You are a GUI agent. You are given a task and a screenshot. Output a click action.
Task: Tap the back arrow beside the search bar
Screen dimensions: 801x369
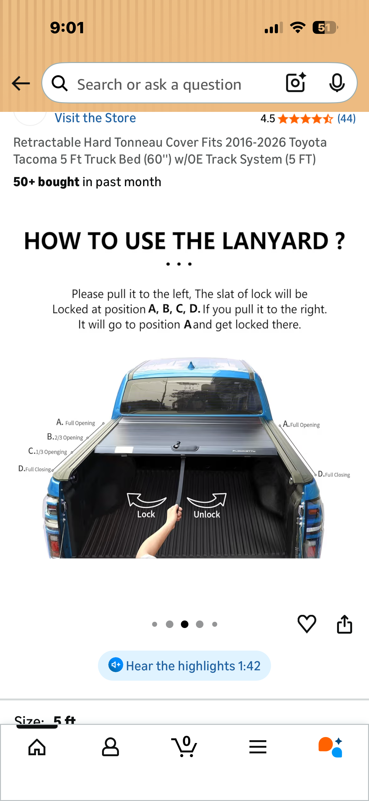pos(21,83)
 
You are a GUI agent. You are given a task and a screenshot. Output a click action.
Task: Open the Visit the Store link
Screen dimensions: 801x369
pos(95,118)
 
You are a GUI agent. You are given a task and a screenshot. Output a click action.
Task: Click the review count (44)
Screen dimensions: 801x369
pos(346,119)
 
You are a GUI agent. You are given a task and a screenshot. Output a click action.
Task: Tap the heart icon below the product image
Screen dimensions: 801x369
pos(306,624)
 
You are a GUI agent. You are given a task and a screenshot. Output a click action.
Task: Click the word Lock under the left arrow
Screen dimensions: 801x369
pos(146,514)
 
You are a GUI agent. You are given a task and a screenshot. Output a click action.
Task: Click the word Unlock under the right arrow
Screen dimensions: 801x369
pos(207,514)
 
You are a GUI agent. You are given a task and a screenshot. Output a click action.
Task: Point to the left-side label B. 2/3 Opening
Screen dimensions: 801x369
pos(65,437)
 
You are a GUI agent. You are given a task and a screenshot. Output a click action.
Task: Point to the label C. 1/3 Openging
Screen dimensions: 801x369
pos(48,452)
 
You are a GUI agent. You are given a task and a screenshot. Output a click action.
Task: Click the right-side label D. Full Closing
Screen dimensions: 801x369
pos(334,474)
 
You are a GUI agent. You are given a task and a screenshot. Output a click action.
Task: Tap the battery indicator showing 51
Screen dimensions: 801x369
pos(325,28)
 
